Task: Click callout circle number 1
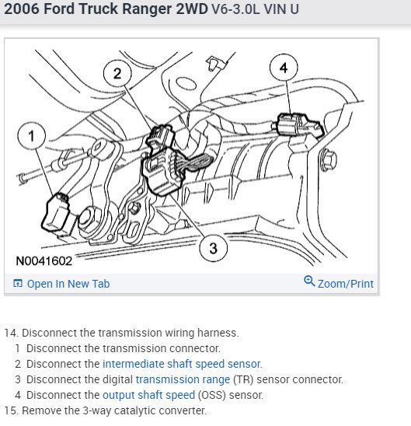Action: (x=32, y=135)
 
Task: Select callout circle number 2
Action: (x=117, y=73)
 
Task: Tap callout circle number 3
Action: (x=213, y=248)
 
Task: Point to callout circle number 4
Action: (x=284, y=68)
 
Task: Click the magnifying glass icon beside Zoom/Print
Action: (x=309, y=281)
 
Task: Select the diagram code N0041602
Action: (x=44, y=261)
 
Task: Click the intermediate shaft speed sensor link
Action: (x=182, y=364)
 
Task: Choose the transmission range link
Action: (x=183, y=379)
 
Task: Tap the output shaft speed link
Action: (x=148, y=395)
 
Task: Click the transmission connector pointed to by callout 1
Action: (x=57, y=212)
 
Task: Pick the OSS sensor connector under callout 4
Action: (x=300, y=124)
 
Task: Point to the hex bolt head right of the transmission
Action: (x=328, y=160)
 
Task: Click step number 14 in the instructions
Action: (x=11, y=333)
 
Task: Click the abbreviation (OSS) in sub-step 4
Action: (x=212, y=395)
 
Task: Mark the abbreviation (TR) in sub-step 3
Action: (x=243, y=379)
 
